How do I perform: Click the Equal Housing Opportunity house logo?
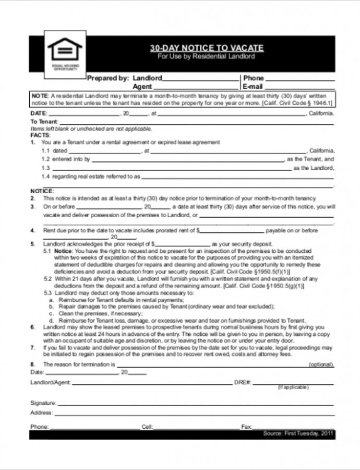65,51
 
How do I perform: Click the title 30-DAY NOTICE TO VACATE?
207,48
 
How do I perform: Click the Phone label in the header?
254,78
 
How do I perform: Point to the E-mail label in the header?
253,87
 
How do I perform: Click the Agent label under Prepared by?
142,87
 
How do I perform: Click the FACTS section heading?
40,135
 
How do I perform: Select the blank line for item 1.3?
172,169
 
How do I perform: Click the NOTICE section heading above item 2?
42,191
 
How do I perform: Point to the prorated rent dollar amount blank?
232,231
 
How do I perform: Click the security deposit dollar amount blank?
183,244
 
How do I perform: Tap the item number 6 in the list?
32,326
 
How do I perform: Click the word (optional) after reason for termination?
321,364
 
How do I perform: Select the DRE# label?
243,383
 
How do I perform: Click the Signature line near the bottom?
195,404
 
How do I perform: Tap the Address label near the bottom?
41,413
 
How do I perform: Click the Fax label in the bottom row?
246,427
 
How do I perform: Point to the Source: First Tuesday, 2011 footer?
298,434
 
